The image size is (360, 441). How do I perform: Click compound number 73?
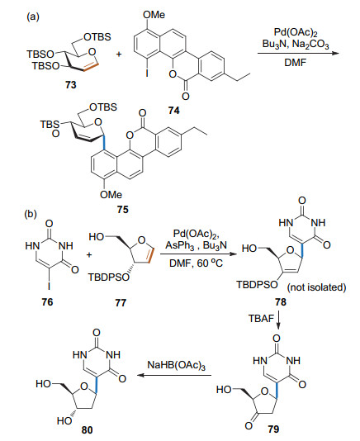click(x=71, y=85)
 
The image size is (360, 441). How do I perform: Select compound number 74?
click(x=174, y=111)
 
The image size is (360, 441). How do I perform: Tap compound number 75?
click(x=123, y=210)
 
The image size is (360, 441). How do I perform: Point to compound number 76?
click(x=47, y=302)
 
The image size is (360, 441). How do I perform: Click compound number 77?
click(x=121, y=302)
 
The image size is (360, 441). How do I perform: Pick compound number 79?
click(x=273, y=429)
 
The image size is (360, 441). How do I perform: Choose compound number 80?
click(x=87, y=430)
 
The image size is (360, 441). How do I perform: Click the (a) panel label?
click(x=33, y=17)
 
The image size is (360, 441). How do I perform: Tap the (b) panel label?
click(x=31, y=215)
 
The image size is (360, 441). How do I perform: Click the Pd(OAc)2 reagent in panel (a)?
click(x=296, y=32)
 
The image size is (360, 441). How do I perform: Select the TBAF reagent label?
click(x=261, y=319)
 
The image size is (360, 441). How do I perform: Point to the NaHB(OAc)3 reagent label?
click(x=177, y=365)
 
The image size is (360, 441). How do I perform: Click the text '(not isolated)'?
click(x=316, y=287)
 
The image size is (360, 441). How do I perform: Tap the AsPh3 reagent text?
click(x=180, y=245)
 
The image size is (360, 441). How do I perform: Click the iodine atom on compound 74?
click(x=147, y=73)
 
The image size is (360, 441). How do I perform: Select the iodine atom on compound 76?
click(x=50, y=286)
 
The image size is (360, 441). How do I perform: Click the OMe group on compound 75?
click(x=111, y=194)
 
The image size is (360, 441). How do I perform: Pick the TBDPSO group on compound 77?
click(x=109, y=277)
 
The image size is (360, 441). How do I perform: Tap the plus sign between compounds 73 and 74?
click(x=119, y=54)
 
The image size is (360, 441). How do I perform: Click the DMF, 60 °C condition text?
click(x=196, y=263)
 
